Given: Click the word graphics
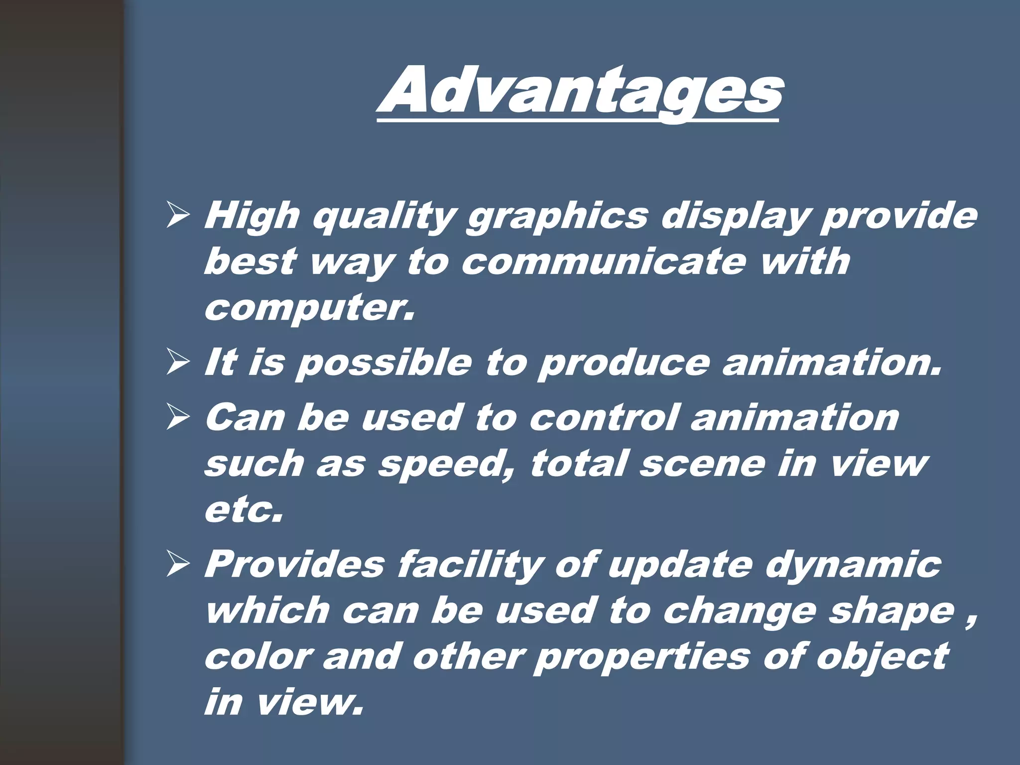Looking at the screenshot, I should tap(557, 217).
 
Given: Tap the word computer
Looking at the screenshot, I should tap(309, 309).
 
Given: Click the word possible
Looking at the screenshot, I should tap(383, 364).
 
